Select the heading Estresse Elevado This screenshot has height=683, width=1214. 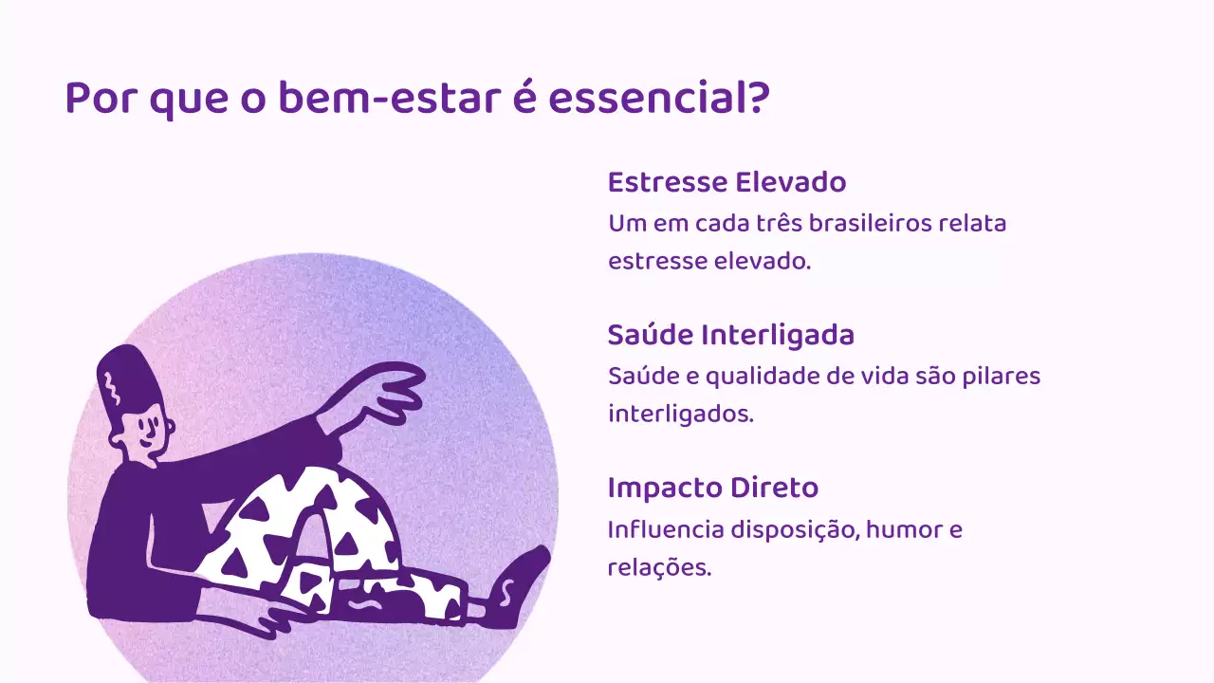pyautogui.click(x=727, y=181)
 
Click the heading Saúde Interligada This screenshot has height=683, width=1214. pyautogui.click(x=730, y=335)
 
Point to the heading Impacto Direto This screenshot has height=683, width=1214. pyautogui.click(x=712, y=489)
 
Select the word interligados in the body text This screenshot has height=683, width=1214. pyautogui.click(x=680, y=415)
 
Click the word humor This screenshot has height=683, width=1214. pyautogui.click(x=900, y=529)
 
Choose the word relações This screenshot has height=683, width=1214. pyautogui.click(x=658, y=568)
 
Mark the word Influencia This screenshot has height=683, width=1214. pyautogui.click(x=665, y=529)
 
